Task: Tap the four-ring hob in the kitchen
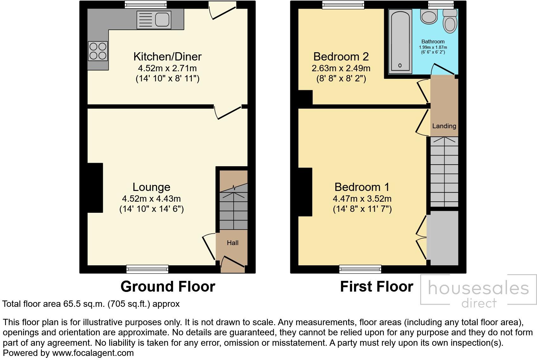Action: (x=98, y=51)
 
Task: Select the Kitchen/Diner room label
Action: (x=167, y=57)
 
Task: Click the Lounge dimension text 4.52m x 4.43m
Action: (x=151, y=199)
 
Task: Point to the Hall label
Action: (x=232, y=243)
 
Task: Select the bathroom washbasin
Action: (x=429, y=16)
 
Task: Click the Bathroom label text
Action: (x=433, y=41)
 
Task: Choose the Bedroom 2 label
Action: (x=341, y=57)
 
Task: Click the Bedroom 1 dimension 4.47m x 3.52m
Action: (x=362, y=199)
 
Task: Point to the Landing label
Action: (x=444, y=126)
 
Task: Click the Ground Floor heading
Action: (x=168, y=287)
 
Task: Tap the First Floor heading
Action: (x=376, y=287)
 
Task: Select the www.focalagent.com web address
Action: (x=93, y=353)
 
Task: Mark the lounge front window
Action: (x=147, y=269)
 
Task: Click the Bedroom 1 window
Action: (x=360, y=269)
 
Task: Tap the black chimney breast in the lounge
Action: (x=95, y=187)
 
